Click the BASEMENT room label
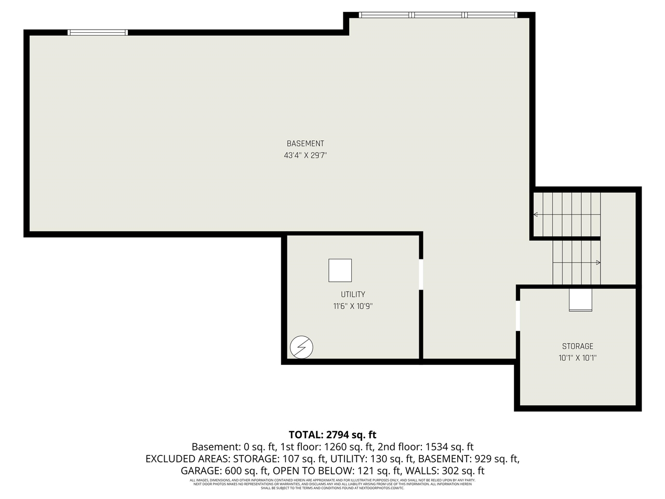point(305,143)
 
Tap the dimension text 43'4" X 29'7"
point(305,155)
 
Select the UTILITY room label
point(353,294)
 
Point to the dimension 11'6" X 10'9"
point(353,306)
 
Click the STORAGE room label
point(577,346)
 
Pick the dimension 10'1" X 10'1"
point(577,358)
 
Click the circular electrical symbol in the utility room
point(301,347)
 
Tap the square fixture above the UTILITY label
point(340,270)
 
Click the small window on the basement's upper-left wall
point(98,32)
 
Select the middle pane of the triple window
point(439,15)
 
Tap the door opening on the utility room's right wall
point(421,274)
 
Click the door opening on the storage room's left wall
point(517,316)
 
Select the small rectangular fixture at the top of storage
point(580,300)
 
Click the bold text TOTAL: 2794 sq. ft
point(332,435)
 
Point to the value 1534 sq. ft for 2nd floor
point(449,447)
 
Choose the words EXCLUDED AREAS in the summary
point(188,459)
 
